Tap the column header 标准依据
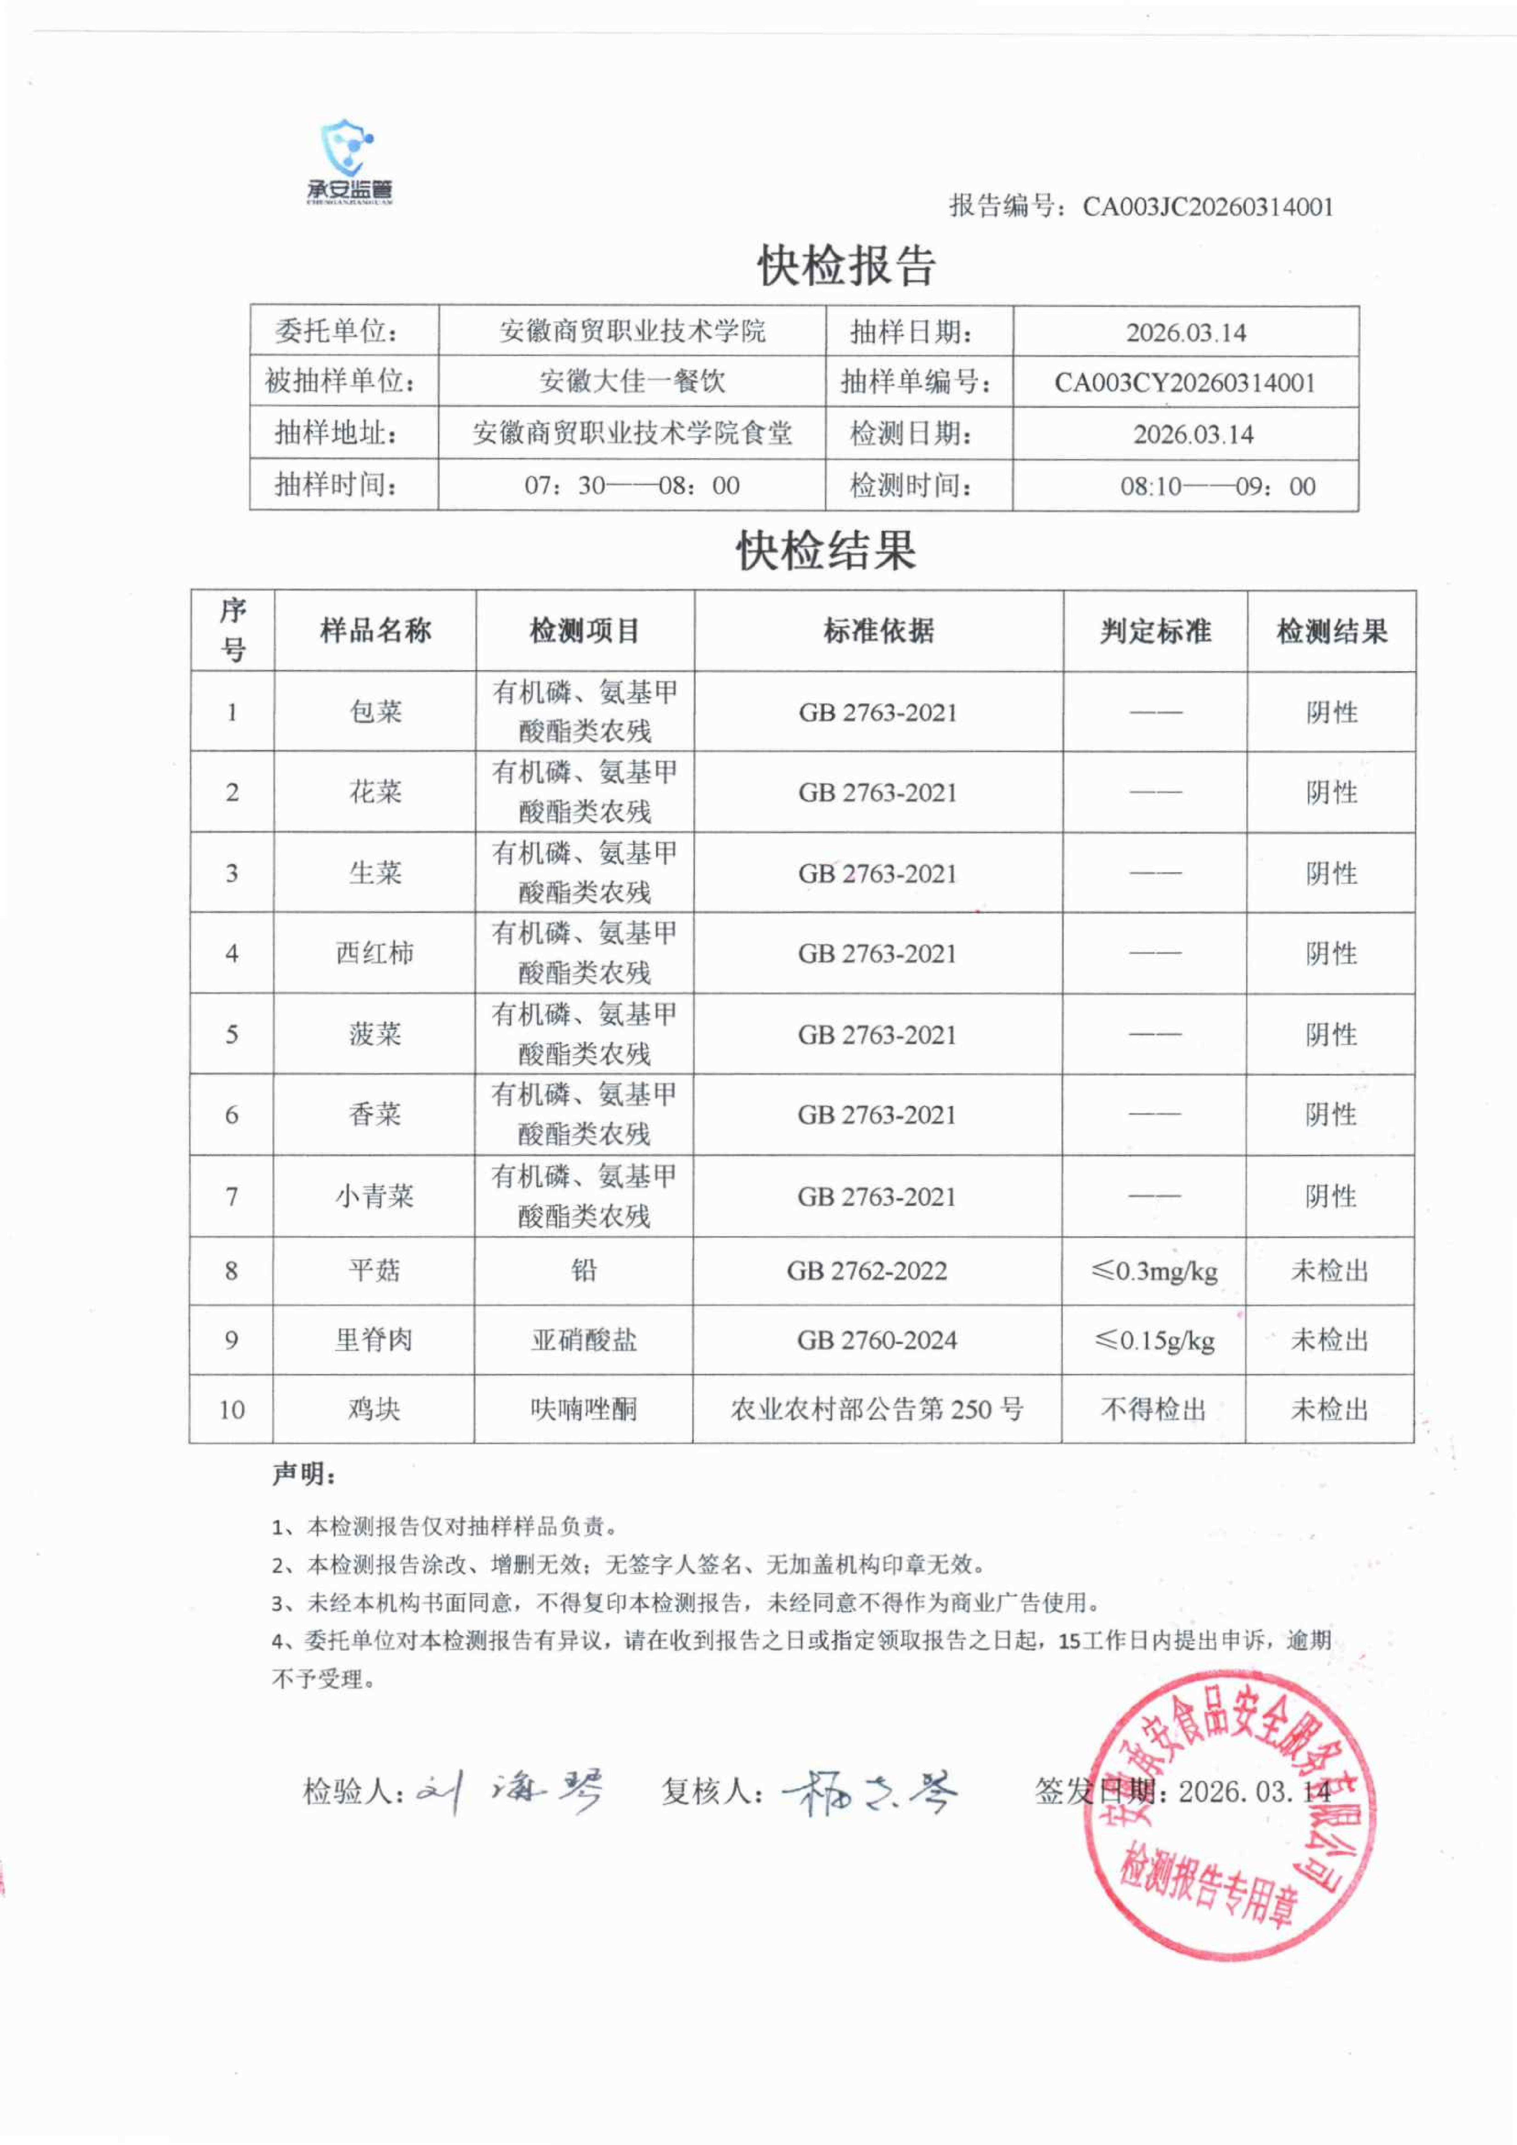pos(878,632)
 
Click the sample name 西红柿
pos(374,953)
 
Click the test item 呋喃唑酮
pos(584,1409)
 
